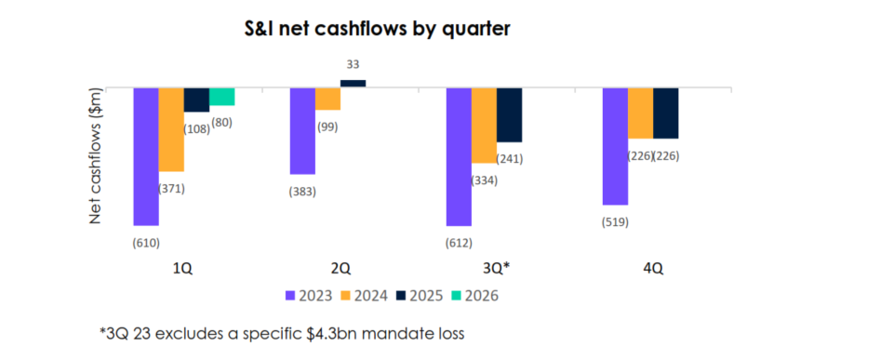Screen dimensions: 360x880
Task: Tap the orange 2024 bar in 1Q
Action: [171, 129]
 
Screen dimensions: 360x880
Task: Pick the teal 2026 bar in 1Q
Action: [221, 96]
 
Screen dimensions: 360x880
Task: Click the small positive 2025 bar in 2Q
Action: [353, 84]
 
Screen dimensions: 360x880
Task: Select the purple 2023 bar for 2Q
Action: [302, 130]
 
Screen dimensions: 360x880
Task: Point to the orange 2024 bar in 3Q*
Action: [484, 126]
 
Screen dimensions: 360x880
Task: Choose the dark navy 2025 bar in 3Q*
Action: [509, 114]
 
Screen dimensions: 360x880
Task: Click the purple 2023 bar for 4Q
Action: [615, 146]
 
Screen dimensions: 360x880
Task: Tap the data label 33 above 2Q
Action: [353, 65]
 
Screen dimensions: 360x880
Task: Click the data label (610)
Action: [146, 243]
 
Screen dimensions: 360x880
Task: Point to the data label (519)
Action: [615, 221]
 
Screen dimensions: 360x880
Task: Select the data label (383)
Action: [302, 192]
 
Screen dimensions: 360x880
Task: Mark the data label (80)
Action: [222, 121]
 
